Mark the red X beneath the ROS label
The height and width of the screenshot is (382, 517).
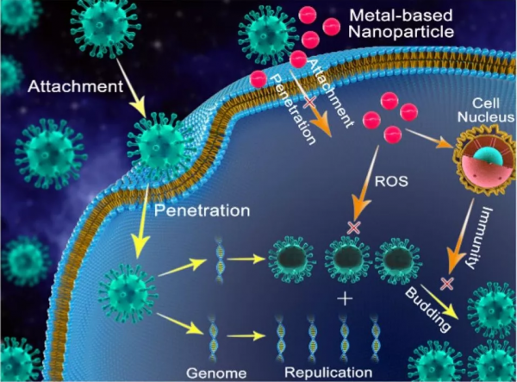(352, 228)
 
